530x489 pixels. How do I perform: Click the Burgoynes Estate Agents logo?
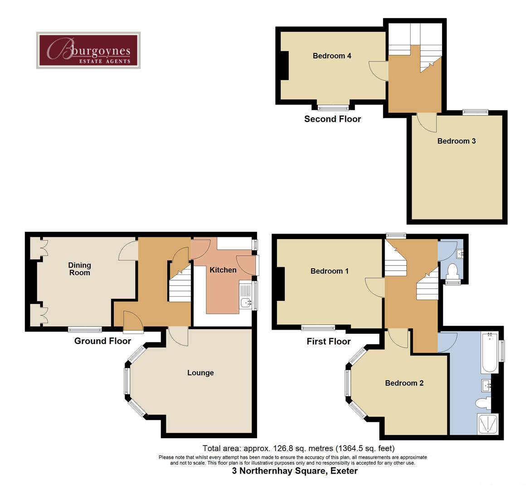(x=88, y=50)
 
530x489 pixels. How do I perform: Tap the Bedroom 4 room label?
(x=332, y=56)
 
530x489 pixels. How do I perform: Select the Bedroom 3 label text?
(x=456, y=141)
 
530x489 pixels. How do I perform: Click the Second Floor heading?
(x=332, y=119)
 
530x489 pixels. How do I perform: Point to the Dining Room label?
(x=80, y=269)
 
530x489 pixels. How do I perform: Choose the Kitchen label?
(x=223, y=270)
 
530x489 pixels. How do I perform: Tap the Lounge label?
(x=200, y=373)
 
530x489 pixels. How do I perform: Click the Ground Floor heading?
(x=102, y=341)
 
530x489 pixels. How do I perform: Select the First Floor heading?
(x=328, y=341)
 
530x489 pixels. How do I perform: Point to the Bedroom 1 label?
(x=329, y=271)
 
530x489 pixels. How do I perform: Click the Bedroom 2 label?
(x=404, y=383)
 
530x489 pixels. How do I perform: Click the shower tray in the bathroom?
(x=488, y=424)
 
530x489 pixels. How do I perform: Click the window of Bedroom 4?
(x=333, y=107)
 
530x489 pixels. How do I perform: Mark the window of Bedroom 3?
(x=475, y=111)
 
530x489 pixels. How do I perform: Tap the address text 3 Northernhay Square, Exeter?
(x=295, y=471)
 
